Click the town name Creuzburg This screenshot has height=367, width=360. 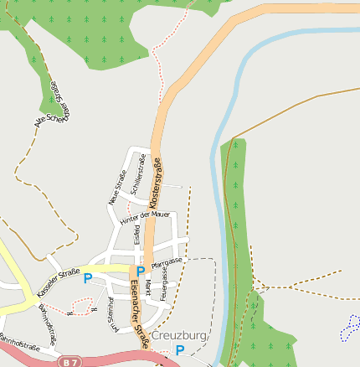pyautogui.click(x=179, y=336)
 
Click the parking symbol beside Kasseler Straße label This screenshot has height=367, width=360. pyautogui.click(x=87, y=278)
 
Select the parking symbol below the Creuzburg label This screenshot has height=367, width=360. pyautogui.click(x=179, y=350)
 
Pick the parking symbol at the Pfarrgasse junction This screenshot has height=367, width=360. pyautogui.click(x=141, y=271)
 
